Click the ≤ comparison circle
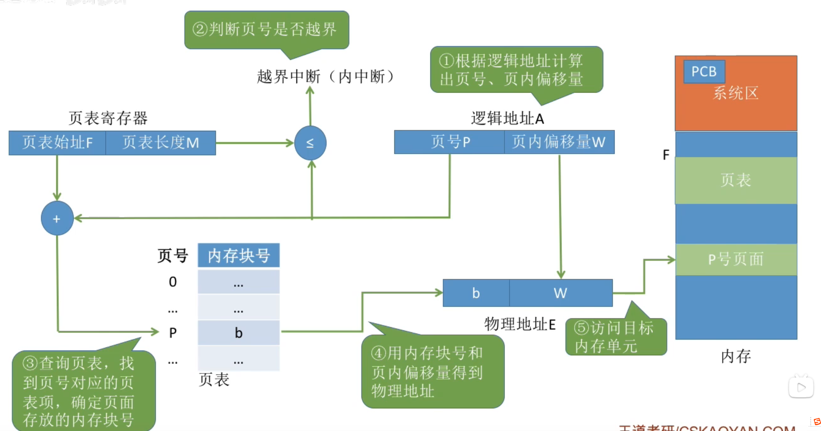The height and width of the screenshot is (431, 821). [x=310, y=143]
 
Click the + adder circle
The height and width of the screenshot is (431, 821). [x=57, y=218]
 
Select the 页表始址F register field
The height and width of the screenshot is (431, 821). [x=57, y=143]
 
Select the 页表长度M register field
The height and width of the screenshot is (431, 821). [x=161, y=143]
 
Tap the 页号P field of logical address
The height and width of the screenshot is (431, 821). [x=449, y=142]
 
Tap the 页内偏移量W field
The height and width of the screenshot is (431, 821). [x=559, y=142]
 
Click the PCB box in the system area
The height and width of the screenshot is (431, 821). [x=704, y=71]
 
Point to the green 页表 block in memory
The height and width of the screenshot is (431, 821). [x=736, y=180]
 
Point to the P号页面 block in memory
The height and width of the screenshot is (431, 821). [x=736, y=259]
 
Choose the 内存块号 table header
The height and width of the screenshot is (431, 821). [x=239, y=256]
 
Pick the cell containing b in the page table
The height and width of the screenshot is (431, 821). [x=239, y=333]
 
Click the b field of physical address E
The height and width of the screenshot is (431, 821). [x=476, y=293]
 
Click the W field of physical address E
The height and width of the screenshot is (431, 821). [x=561, y=293]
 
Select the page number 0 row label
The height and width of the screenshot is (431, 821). [x=173, y=282]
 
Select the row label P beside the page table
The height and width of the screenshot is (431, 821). [x=173, y=333]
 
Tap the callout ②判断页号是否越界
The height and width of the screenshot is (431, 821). [x=266, y=30]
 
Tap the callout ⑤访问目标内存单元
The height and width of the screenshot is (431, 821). [x=615, y=337]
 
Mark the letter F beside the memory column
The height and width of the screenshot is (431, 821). [x=666, y=155]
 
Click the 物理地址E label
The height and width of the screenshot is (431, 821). [x=520, y=324]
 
